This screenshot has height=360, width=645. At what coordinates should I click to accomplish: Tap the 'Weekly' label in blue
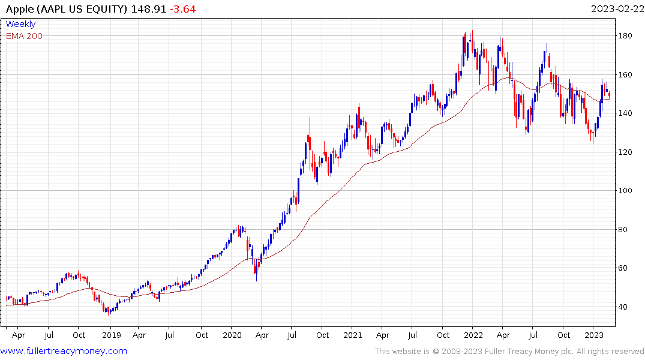tap(20, 24)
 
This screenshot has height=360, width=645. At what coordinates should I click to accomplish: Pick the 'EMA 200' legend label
tap(24, 36)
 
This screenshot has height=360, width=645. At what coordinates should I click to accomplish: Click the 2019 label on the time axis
tap(112, 335)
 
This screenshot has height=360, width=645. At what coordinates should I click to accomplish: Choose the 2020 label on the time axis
tap(232, 335)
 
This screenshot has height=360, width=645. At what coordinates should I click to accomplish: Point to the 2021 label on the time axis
tap(353, 335)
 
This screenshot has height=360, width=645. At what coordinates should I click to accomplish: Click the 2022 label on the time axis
tap(473, 335)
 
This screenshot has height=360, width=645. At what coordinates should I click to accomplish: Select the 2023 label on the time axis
tap(594, 335)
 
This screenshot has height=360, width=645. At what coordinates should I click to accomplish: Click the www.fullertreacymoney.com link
tap(64, 351)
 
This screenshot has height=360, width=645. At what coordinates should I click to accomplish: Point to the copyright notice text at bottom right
tap(509, 352)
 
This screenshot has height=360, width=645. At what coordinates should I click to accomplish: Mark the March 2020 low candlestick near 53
tap(256, 273)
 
